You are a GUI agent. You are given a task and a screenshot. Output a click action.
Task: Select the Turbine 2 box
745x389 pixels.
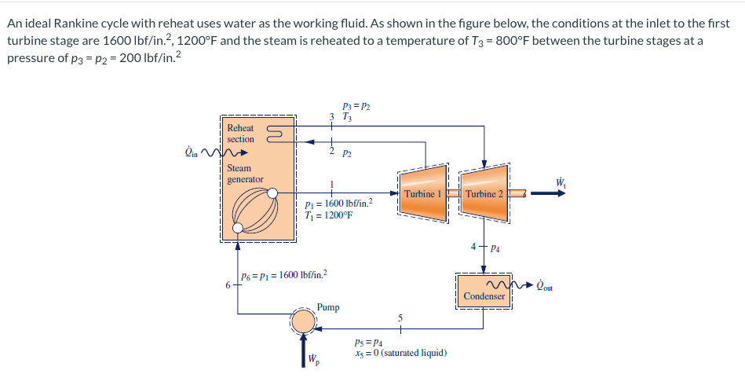[x=484, y=193]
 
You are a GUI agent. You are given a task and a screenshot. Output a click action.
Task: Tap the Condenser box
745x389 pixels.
[x=484, y=295]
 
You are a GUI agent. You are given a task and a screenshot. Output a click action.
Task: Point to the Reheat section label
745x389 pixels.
[x=240, y=133]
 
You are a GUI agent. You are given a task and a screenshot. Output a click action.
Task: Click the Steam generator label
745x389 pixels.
[x=240, y=174]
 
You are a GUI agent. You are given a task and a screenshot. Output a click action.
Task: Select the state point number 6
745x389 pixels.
[x=228, y=284]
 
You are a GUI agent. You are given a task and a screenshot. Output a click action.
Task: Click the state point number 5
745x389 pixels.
[x=400, y=318]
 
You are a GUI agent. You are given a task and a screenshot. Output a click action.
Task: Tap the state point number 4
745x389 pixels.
[x=473, y=248]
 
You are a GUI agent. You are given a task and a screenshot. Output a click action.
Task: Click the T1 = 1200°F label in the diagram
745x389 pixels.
[x=327, y=214]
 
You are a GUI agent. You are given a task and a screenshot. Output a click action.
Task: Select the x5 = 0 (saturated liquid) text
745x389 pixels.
[x=400, y=353]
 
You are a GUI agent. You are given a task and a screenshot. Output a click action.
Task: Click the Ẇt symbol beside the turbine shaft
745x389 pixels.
[x=561, y=184]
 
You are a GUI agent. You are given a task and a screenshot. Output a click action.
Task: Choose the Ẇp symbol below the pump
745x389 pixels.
[x=313, y=361]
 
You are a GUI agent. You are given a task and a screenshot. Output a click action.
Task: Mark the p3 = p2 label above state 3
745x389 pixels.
[x=356, y=105]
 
